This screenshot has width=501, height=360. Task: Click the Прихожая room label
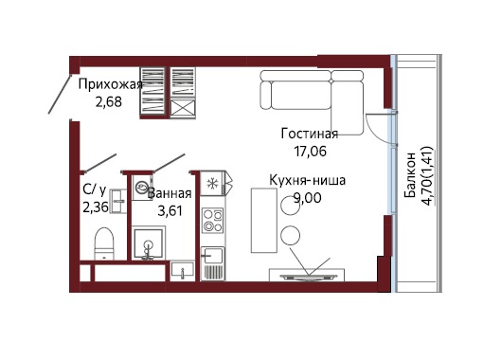(x=110, y=85)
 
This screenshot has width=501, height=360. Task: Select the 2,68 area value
(x=109, y=102)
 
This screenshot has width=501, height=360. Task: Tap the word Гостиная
(x=310, y=134)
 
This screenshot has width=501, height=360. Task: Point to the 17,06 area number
(x=311, y=152)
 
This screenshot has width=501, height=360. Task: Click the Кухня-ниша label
(x=308, y=180)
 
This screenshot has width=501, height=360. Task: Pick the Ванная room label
(x=170, y=193)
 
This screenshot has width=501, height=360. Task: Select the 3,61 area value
(x=170, y=211)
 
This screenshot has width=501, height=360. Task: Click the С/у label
(x=95, y=189)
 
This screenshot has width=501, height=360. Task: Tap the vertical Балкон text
(x=409, y=174)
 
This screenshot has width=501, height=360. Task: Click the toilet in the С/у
(x=104, y=243)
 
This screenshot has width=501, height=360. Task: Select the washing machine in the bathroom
(x=141, y=188)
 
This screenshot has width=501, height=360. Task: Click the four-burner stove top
(x=213, y=221)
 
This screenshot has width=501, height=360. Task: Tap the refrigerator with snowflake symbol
(x=212, y=183)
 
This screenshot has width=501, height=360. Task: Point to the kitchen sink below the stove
(x=213, y=255)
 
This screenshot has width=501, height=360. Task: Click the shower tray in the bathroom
(x=149, y=243)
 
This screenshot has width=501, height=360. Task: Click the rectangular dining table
(x=263, y=221)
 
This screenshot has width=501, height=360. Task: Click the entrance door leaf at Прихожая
(x=60, y=95)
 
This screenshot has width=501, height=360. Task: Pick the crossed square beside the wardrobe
(x=183, y=109)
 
